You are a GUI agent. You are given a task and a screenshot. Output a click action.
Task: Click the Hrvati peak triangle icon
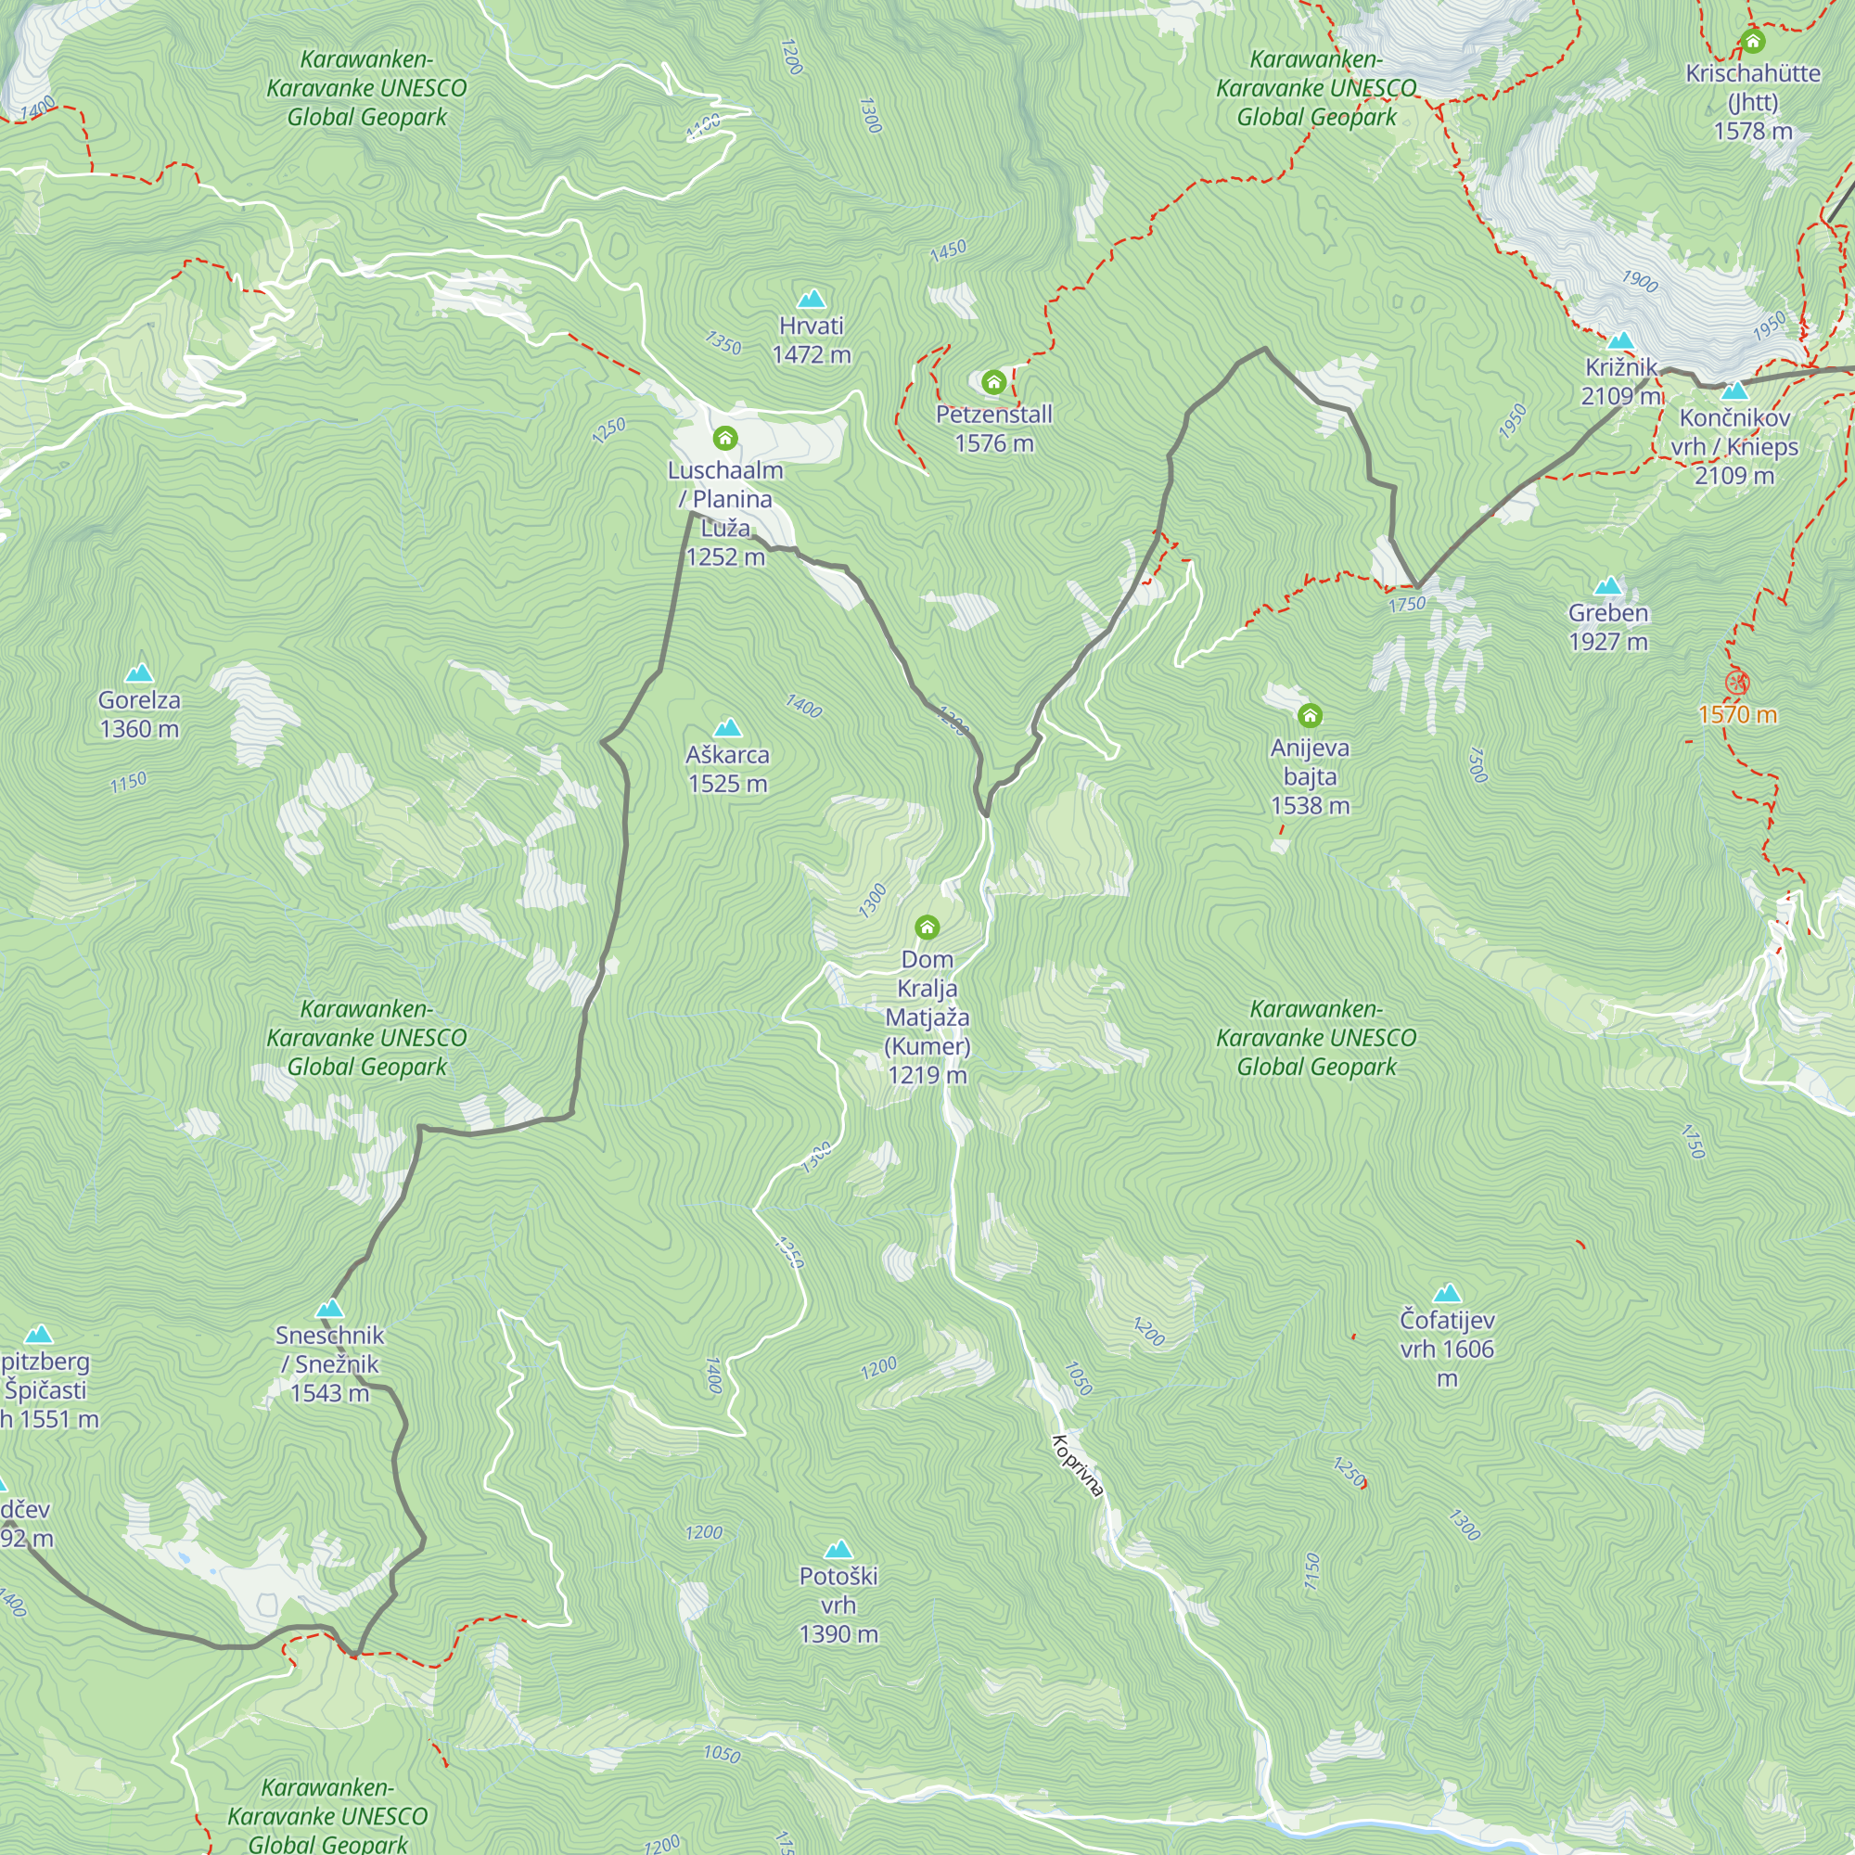[812, 299]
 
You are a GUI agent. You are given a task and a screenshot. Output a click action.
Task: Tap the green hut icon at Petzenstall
[993, 382]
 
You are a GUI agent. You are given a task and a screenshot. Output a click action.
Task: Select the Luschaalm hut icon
[725, 439]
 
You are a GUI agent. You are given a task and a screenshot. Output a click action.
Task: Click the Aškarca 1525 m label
[728, 769]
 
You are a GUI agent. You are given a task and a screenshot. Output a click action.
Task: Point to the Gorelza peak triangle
[139, 672]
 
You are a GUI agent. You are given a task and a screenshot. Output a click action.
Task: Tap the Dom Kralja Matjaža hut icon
[927, 927]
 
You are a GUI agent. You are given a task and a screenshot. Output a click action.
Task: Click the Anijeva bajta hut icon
[1310, 715]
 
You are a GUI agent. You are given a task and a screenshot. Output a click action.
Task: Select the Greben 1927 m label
[1608, 627]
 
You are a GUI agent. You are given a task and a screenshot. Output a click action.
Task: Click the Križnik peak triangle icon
[1620, 339]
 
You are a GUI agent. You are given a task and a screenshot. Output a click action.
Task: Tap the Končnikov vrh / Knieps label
[1734, 445]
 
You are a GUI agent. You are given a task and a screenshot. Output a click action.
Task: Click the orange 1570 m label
[1737, 714]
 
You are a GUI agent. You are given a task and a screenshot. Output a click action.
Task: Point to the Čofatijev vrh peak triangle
[1447, 1293]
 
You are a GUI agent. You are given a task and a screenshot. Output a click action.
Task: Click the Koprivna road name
[1077, 1465]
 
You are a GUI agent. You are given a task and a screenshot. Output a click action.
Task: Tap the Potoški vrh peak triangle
[838, 1549]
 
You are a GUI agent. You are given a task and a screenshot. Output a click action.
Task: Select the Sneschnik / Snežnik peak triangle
[329, 1308]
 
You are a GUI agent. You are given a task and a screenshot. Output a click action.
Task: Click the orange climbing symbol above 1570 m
[1737, 683]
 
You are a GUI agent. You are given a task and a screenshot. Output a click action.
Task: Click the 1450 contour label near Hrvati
[948, 250]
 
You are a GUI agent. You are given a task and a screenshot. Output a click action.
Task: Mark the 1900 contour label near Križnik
[1640, 281]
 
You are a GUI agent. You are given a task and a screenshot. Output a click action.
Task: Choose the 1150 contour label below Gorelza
[128, 782]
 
